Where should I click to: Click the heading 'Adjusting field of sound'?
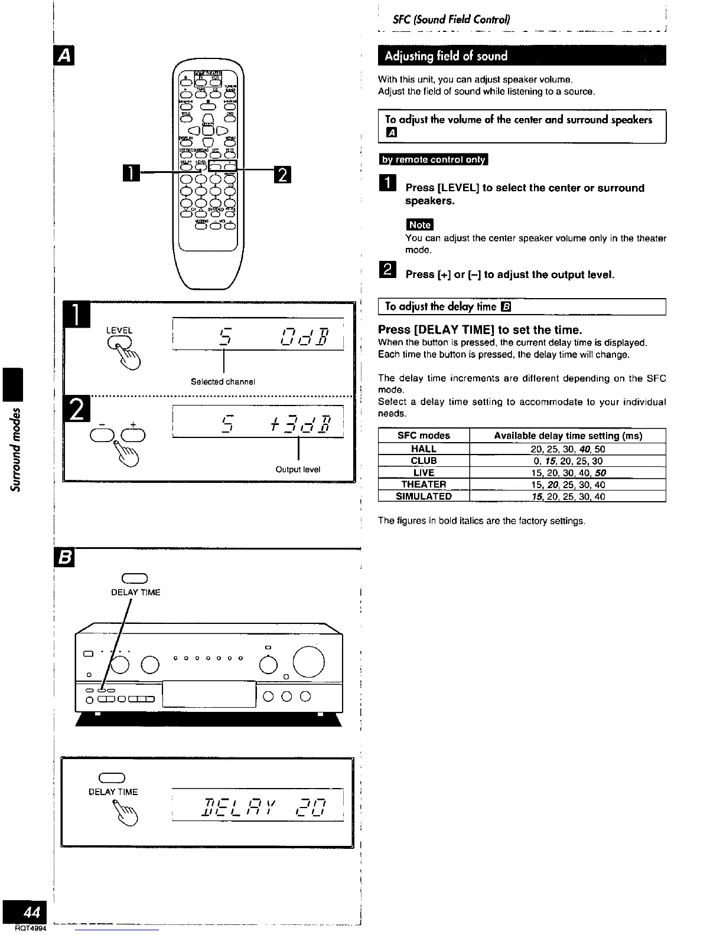pyautogui.click(x=446, y=57)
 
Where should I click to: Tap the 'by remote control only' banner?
pyautogui.click(x=433, y=160)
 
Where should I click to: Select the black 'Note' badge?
pyautogui.click(x=419, y=225)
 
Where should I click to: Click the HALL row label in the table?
pyautogui.click(x=424, y=449)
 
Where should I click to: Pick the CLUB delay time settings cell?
pyautogui.click(x=567, y=461)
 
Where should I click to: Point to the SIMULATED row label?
pyautogui.click(x=424, y=496)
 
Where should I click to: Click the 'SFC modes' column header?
pyautogui.click(x=424, y=436)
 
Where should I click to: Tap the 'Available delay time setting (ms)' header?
pyautogui.click(x=568, y=436)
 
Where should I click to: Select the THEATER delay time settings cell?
pyautogui.click(x=567, y=485)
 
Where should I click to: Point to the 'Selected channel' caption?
pyautogui.click(x=223, y=382)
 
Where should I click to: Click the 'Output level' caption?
pyautogui.click(x=298, y=470)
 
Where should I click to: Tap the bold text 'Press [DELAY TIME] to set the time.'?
pyautogui.click(x=480, y=329)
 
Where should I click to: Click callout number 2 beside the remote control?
pyautogui.click(x=282, y=175)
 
